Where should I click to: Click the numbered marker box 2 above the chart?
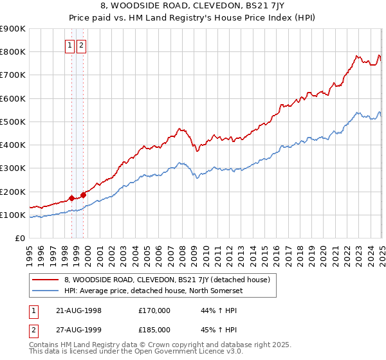coord(82,45)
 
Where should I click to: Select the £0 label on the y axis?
coord(19,239)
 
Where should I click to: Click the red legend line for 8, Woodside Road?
coord(44,280)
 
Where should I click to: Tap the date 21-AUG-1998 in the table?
coord(80,310)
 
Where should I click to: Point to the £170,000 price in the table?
coord(155,310)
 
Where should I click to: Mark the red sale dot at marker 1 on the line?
coord(71,198)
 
